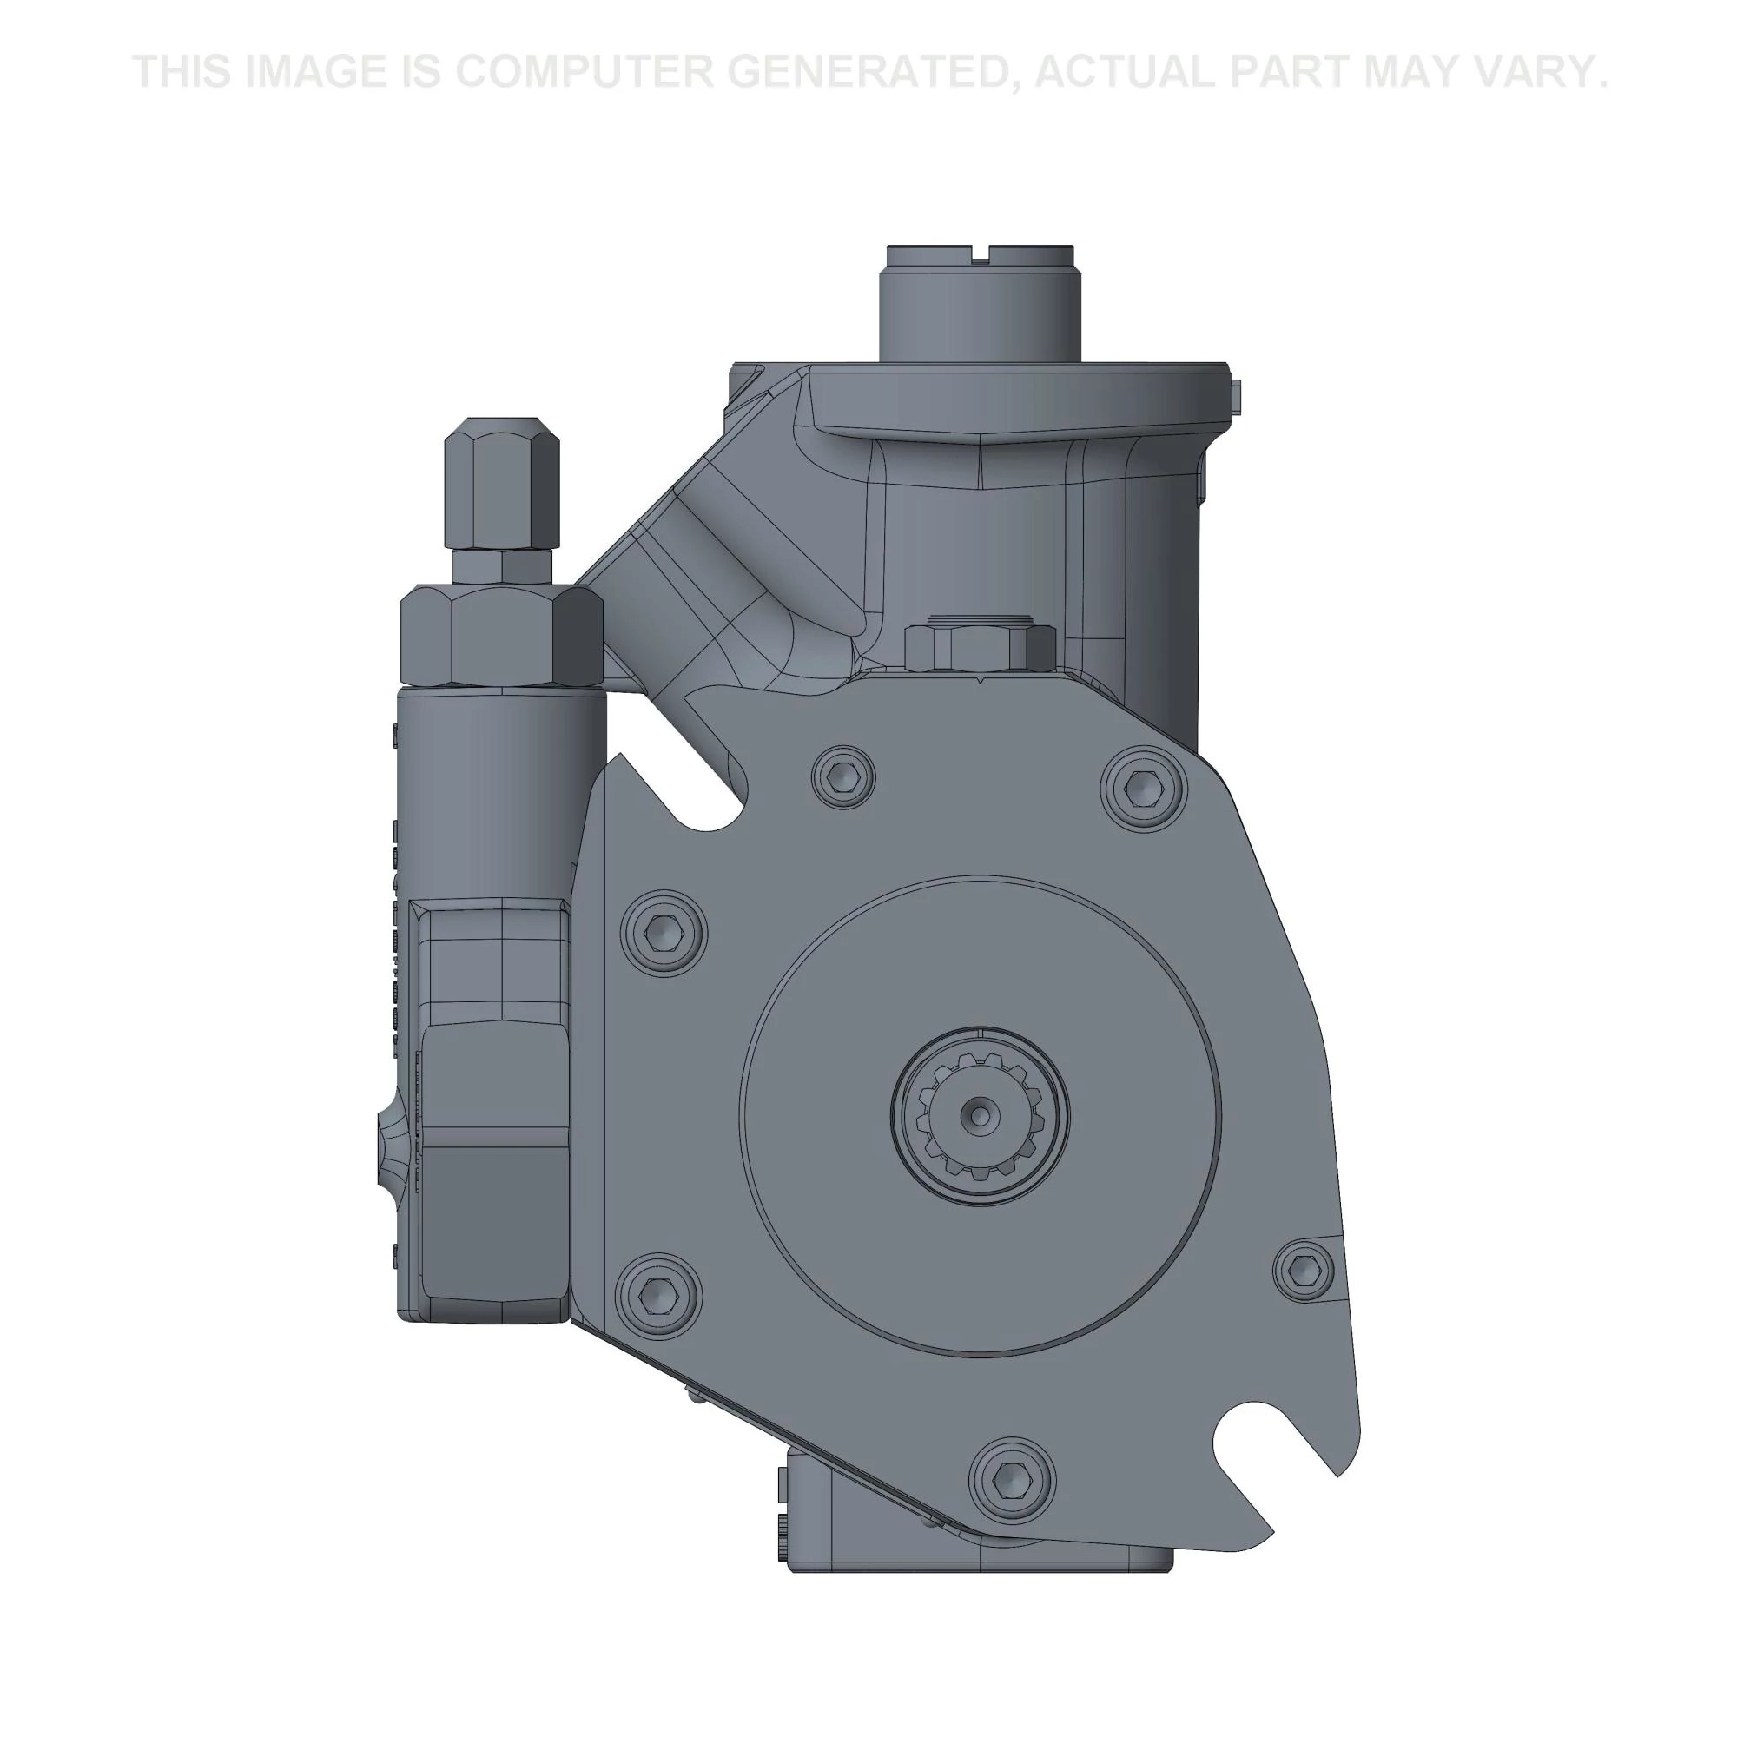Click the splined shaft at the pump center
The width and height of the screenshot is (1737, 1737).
tap(980, 1116)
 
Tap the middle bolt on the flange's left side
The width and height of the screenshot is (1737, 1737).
tap(663, 931)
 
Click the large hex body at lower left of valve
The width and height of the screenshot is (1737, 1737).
tap(490, 1169)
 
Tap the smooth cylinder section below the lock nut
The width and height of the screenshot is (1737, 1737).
tap(499, 791)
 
